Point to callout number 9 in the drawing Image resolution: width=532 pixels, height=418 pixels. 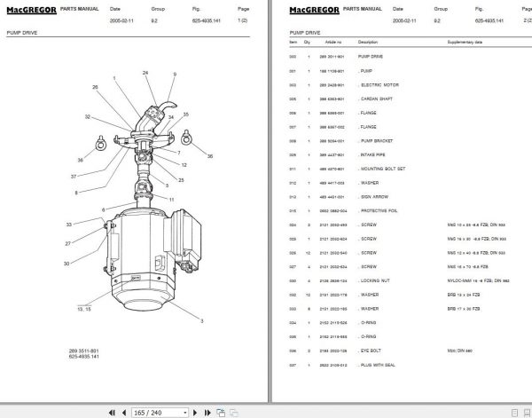pos(175,75)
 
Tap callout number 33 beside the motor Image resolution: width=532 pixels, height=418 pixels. pos(69,225)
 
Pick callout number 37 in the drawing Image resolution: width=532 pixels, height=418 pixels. pos(74,176)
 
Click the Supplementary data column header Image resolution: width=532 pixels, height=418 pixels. pos(465,42)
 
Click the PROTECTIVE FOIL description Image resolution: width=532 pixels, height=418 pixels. pos(380,210)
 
